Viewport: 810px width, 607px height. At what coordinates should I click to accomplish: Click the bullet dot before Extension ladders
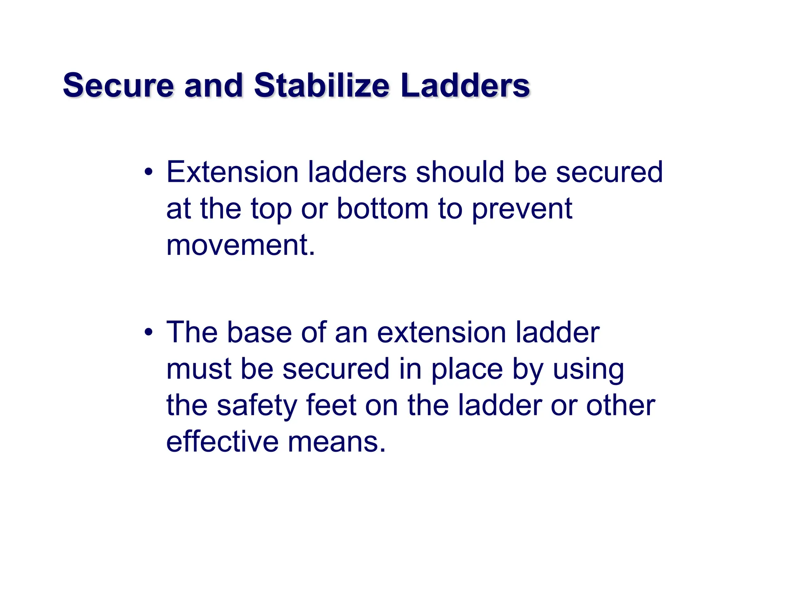coord(148,172)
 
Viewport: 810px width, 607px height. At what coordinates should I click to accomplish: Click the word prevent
coord(522,209)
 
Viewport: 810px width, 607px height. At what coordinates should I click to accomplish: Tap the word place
coord(467,370)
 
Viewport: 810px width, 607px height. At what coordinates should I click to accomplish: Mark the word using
coord(588,370)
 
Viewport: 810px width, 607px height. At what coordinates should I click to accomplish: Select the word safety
coord(257,406)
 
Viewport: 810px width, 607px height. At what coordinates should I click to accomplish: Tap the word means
coord(337,442)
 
